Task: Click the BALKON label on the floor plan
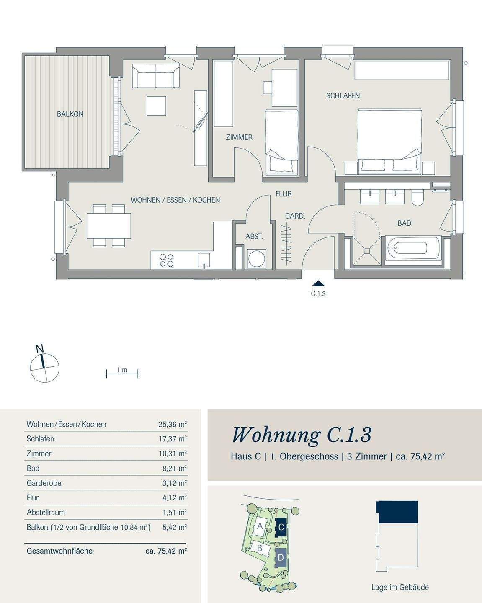(x=70, y=114)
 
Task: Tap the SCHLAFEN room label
(x=343, y=95)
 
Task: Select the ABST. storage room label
(x=255, y=236)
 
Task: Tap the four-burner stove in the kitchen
(x=166, y=260)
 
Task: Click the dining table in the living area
(x=109, y=226)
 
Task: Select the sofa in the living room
(x=155, y=76)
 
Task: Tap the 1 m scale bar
(x=122, y=374)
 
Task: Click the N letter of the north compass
(x=40, y=349)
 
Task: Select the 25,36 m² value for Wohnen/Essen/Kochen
(x=173, y=424)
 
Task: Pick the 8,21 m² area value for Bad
(x=175, y=468)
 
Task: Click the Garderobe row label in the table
(x=44, y=483)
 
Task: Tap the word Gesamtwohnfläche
(x=59, y=551)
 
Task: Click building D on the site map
(x=281, y=558)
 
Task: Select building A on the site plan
(x=260, y=526)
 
